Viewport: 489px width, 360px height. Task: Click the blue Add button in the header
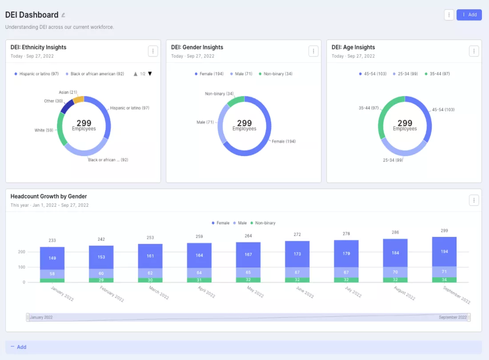469,15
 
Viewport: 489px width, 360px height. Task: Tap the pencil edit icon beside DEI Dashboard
63,15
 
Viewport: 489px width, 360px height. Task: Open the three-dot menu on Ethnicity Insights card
153,51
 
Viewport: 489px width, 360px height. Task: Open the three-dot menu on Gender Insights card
313,51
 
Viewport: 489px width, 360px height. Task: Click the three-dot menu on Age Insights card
474,51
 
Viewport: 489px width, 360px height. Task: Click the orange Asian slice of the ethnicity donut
79,100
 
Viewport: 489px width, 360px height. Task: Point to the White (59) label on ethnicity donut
44,130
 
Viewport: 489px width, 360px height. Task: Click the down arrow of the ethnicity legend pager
150,74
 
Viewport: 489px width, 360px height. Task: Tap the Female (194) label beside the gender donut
284,141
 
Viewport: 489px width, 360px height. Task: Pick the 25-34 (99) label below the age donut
393,160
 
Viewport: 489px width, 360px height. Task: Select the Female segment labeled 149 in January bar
52,258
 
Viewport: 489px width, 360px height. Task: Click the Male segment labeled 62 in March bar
150,273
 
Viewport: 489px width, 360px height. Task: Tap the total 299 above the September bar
445,231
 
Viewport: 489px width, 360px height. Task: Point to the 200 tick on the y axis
21,252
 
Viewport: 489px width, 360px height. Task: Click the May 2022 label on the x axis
256,292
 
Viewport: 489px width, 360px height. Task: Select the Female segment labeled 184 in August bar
395,253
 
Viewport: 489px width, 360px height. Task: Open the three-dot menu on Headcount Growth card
474,200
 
